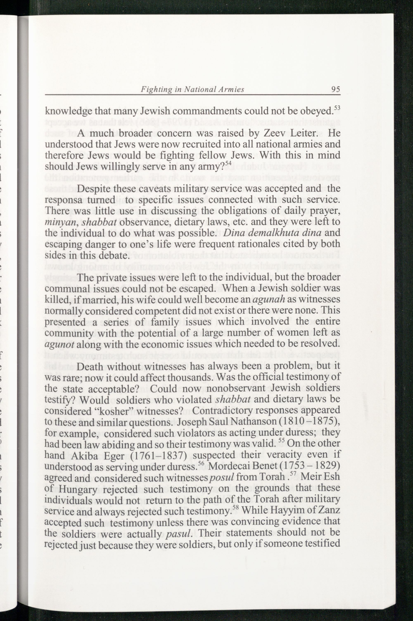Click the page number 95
click(336, 89)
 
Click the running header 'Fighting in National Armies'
click(192, 90)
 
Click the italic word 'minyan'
click(58, 222)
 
